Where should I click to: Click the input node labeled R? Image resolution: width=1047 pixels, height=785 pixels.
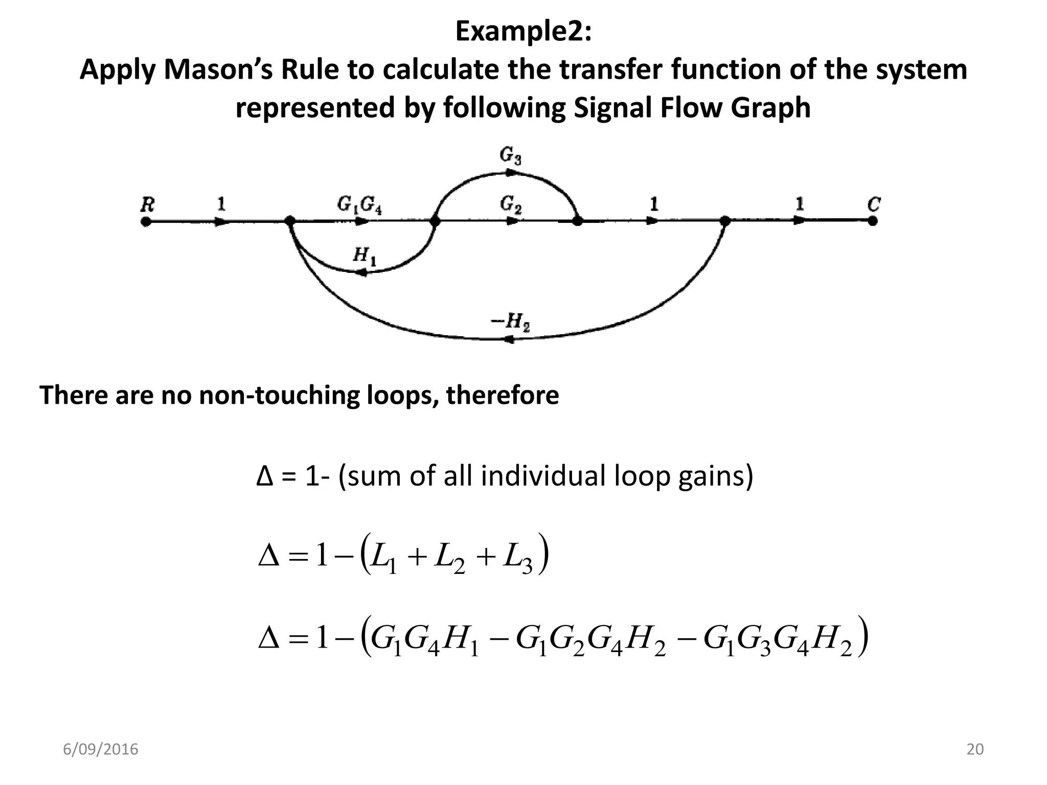pyautogui.click(x=146, y=221)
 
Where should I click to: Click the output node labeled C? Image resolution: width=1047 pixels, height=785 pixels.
pyautogui.click(x=873, y=221)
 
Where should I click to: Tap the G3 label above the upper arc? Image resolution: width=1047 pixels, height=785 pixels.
pyautogui.click(x=510, y=156)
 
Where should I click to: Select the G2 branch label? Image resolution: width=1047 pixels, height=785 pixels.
pyautogui.click(x=511, y=205)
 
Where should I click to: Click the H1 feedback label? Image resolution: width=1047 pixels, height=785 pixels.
pyautogui.click(x=365, y=256)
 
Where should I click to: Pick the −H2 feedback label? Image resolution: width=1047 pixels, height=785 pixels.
pyautogui.click(x=510, y=322)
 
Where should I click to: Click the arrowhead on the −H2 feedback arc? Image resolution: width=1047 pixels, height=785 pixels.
pyautogui.click(x=508, y=339)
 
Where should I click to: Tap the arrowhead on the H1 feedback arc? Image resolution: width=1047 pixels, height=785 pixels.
pyautogui.click(x=361, y=273)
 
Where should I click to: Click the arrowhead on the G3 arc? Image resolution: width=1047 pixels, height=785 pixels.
pyautogui.click(x=510, y=173)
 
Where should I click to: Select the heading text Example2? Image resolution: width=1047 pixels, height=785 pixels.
pyautogui.click(x=523, y=32)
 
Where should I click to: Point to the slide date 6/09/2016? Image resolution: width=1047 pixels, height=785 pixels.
pyautogui.click(x=101, y=749)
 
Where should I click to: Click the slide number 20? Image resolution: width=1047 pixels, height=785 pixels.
pyautogui.click(x=975, y=749)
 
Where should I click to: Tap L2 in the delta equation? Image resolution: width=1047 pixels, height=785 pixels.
pyautogui.click(x=449, y=559)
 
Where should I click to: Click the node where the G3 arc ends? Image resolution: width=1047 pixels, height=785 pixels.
pyautogui.click(x=577, y=221)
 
